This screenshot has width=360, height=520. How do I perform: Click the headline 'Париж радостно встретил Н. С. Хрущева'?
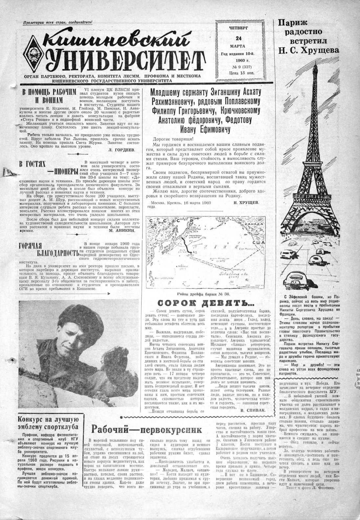(x=308, y=36)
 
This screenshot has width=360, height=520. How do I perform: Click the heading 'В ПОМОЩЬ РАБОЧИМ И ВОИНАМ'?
(x=49, y=95)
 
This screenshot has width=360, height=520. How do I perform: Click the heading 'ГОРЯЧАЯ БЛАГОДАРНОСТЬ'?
(x=49, y=248)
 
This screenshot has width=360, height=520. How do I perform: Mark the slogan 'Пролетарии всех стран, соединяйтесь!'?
(x=58, y=22)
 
